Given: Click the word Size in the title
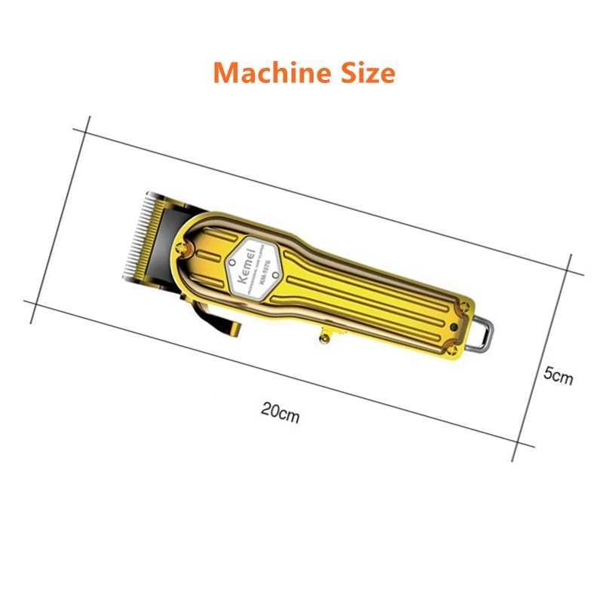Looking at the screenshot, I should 368,73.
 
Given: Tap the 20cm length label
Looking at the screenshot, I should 280,412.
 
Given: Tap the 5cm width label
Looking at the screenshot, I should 558,375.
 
